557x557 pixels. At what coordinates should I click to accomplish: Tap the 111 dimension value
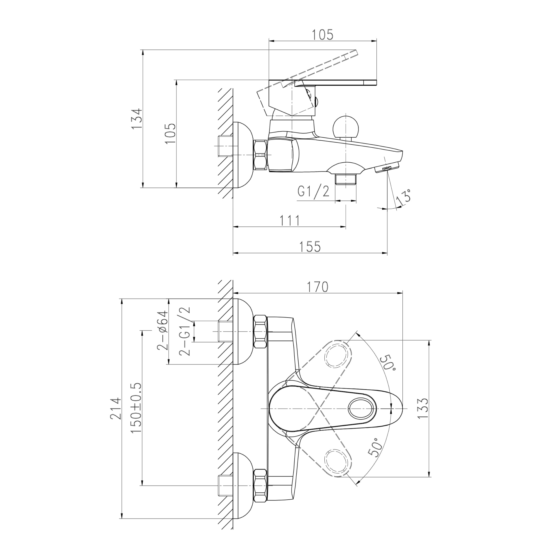(290, 221)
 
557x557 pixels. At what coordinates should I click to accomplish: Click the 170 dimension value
(317, 287)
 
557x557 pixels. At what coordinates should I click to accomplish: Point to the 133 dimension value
(423, 409)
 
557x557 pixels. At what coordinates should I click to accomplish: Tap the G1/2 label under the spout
(313, 191)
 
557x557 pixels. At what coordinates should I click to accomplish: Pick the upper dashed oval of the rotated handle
(338, 354)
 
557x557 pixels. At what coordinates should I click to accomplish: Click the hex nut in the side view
(261, 155)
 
